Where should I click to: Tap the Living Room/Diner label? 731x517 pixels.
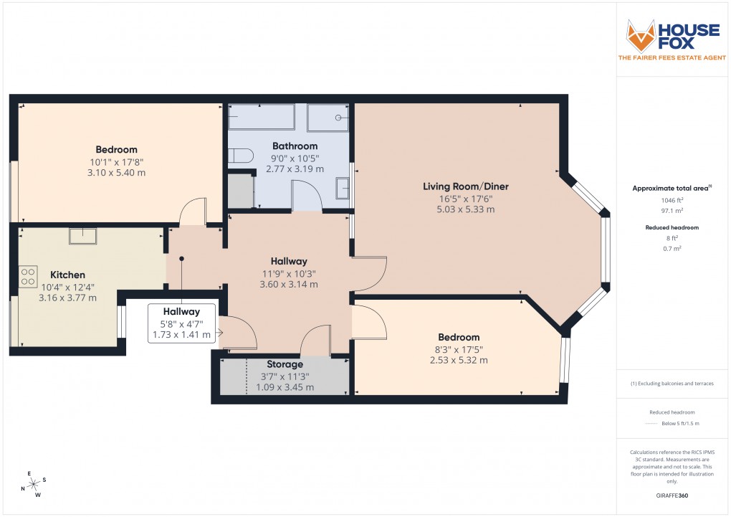point(466,186)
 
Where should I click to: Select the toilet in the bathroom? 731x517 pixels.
point(239,156)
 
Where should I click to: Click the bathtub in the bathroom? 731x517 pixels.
point(262,117)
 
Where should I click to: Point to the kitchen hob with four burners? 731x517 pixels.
point(29,276)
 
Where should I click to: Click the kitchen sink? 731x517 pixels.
point(83,236)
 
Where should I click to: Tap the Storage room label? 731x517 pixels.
point(285,364)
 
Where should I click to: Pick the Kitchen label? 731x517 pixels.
point(68,275)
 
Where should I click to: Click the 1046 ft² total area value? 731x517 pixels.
point(671,201)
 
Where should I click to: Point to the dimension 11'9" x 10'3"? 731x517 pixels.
point(289,273)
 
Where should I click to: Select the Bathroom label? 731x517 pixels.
point(295,146)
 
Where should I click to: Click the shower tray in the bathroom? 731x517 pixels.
point(328,118)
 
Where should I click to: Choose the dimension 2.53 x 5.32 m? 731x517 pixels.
point(459,360)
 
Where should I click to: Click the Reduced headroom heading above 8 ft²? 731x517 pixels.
point(671,227)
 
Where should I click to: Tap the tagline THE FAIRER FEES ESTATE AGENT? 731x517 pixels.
point(672,57)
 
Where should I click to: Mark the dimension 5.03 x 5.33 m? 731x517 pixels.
point(466,209)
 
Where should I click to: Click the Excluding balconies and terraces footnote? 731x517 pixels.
point(672,384)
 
